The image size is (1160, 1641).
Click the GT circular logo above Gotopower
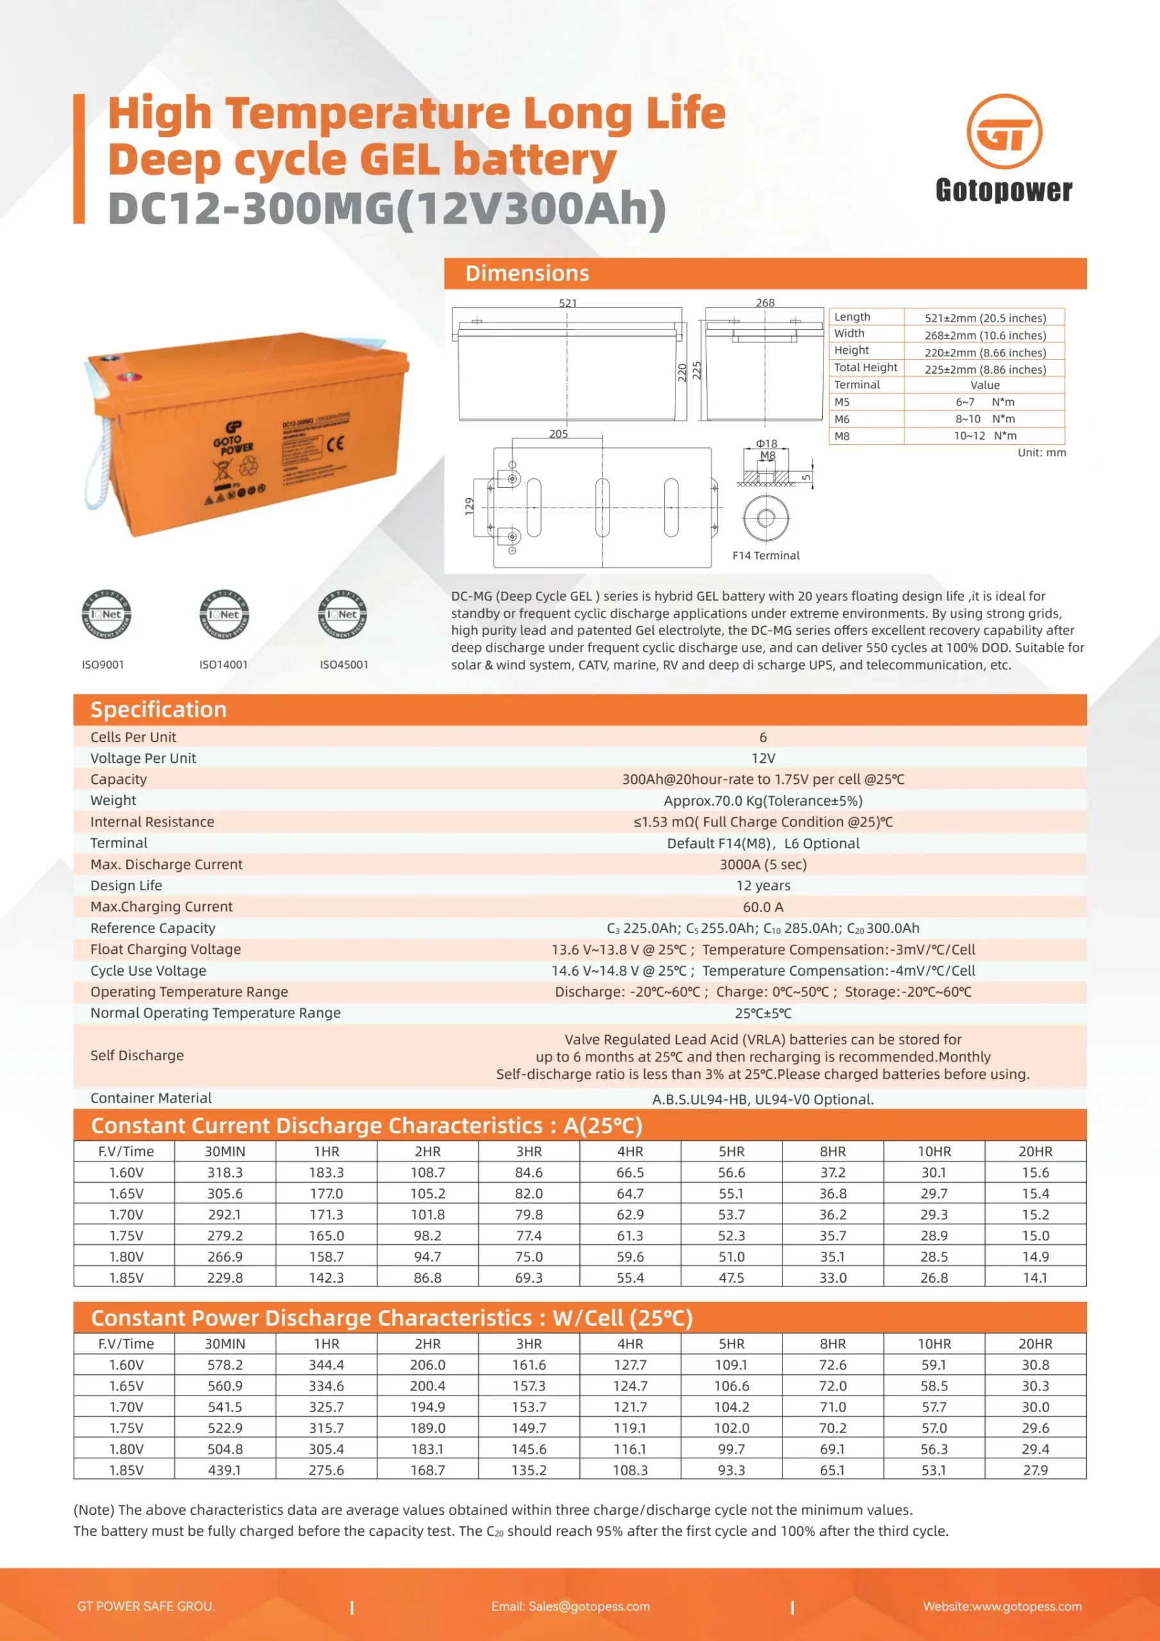coord(1004,131)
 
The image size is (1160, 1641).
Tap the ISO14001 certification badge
coord(224,615)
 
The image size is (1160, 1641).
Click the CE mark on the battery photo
coord(335,444)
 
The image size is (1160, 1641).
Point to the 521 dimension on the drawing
coord(567,303)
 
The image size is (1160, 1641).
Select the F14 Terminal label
coord(765,555)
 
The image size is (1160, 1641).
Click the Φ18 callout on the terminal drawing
coord(766,444)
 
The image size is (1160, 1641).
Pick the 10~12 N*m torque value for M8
coord(984,436)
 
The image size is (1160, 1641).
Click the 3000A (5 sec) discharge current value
coord(763,864)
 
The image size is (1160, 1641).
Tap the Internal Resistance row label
coord(153,822)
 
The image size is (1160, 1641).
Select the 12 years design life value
coord(763,885)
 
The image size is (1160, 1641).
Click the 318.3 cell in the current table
coord(224,1173)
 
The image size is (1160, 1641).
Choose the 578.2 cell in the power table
coord(224,1365)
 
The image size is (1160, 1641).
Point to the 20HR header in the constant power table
coord(1035,1344)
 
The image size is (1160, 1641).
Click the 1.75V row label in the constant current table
coord(126,1236)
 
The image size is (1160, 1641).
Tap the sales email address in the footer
coord(570,1606)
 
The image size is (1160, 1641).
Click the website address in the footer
coord(1002,1606)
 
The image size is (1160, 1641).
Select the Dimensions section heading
coord(527,274)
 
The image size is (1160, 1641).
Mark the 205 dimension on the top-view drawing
coord(558,434)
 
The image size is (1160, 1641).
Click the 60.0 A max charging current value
coord(763,907)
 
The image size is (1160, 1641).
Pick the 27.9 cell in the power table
coord(1035,1470)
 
